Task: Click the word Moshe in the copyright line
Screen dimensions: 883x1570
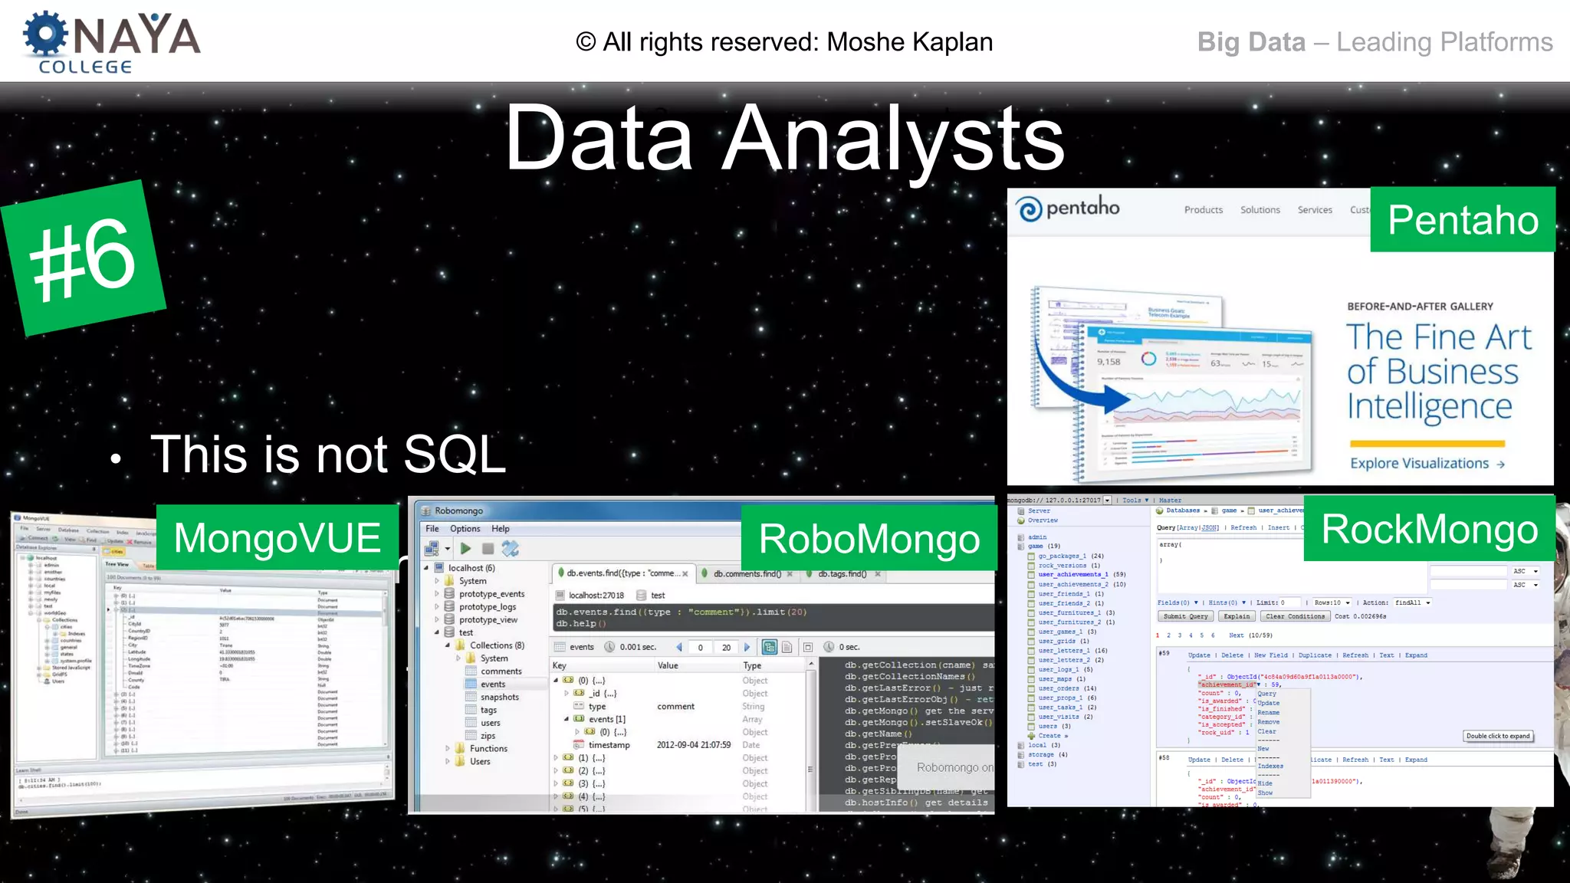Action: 865,42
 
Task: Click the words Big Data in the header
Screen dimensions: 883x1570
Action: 1251,42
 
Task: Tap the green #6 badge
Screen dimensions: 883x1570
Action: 84,258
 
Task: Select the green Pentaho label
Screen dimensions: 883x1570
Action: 1463,220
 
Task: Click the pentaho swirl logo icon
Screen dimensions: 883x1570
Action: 1029,208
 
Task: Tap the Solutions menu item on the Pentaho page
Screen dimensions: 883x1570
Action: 1260,210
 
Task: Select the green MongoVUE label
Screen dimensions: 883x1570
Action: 278,537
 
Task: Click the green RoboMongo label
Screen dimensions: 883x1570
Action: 869,539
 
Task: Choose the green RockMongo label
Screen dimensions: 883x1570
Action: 1429,529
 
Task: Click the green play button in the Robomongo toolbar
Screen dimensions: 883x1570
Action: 465,549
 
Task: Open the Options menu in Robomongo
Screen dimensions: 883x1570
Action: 465,529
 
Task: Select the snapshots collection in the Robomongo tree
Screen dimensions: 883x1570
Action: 499,698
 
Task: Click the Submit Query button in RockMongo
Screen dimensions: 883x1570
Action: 1185,616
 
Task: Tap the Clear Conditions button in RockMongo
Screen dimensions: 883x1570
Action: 1295,616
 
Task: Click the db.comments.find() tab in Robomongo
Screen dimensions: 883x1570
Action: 747,574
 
